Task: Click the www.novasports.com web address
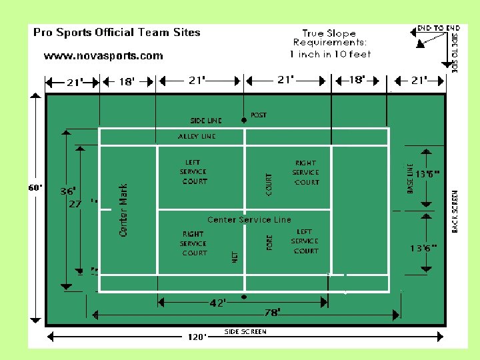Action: pyautogui.click(x=103, y=56)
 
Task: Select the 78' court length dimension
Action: pyautogui.click(x=273, y=312)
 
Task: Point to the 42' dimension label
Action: pyautogui.click(x=217, y=303)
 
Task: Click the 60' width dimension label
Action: pyautogui.click(x=35, y=188)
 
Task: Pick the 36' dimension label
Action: pyautogui.click(x=68, y=191)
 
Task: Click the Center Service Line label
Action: pyautogui.click(x=249, y=219)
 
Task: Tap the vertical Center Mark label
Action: pyautogui.click(x=123, y=210)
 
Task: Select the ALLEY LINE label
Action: pyautogui.click(x=197, y=137)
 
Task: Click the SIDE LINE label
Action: pyautogui.click(x=206, y=121)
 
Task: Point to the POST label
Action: pyautogui.click(x=259, y=115)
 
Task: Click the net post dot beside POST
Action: pyautogui.click(x=244, y=120)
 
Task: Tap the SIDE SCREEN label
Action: pyautogui.click(x=245, y=331)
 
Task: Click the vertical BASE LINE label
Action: pyautogui.click(x=411, y=179)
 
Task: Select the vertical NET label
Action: pyautogui.click(x=235, y=257)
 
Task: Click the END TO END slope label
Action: pyautogui.click(x=438, y=28)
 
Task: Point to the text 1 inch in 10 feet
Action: pyautogui.click(x=330, y=54)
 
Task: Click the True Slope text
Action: pyautogui.click(x=329, y=33)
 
